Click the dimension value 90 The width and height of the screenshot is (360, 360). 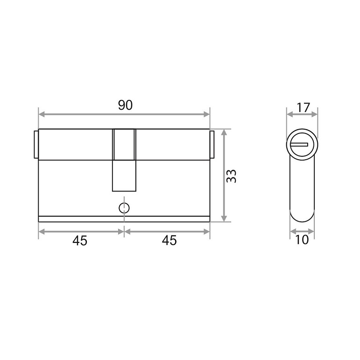click(125, 105)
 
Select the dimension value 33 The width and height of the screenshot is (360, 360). click(231, 176)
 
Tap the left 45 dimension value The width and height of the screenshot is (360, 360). click(80, 241)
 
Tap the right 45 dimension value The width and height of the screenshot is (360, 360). click(169, 240)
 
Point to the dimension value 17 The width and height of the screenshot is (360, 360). click(304, 107)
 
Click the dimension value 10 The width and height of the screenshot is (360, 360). click(302, 240)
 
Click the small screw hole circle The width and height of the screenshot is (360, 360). click(124, 208)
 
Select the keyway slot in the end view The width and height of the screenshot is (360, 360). click(299, 144)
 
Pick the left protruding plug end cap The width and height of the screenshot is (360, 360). click(36, 144)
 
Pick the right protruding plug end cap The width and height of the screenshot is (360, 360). click(212, 144)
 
